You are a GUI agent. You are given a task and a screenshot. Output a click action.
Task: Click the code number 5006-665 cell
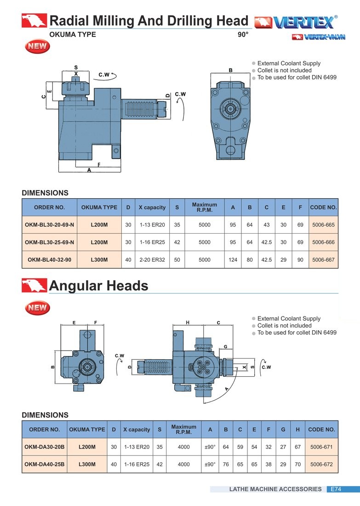click(323, 224)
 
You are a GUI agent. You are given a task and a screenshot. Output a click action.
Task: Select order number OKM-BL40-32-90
click(49, 259)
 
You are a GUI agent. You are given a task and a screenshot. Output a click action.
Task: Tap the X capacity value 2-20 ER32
click(152, 259)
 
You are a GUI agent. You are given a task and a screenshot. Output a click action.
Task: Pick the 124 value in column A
click(233, 259)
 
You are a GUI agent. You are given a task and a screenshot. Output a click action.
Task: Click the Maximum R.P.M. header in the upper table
click(205, 207)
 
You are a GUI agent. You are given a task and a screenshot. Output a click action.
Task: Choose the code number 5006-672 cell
click(321, 464)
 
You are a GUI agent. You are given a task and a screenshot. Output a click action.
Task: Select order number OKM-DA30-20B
click(45, 447)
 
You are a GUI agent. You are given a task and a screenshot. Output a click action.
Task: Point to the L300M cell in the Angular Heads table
click(87, 464)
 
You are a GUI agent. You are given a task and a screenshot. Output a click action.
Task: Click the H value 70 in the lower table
click(297, 464)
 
